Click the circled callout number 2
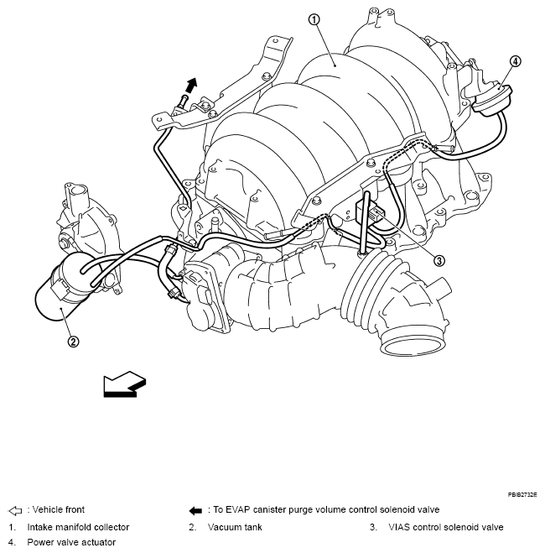coord(73,341)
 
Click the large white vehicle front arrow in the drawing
coord(122,384)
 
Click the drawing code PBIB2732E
coord(520,496)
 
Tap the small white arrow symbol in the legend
coord(14,509)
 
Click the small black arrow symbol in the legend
coord(195,509)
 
